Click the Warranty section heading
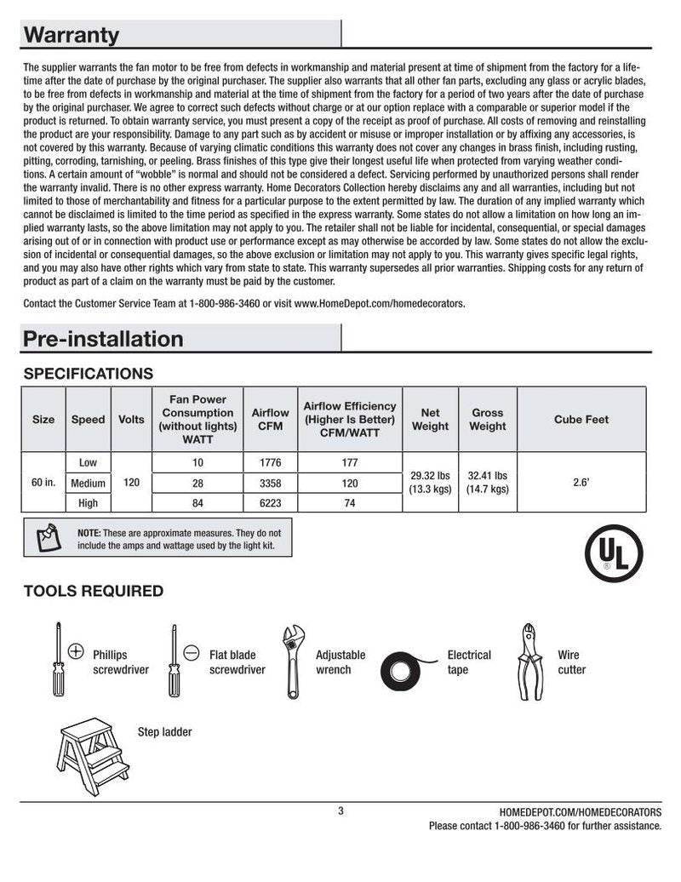point(72,35)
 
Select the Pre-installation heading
point(103,339)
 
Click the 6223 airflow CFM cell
point(270,503)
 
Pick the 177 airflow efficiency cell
point(349,462)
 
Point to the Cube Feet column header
point(581,420)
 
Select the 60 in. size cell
point(43,483)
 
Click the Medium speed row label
point(88,483)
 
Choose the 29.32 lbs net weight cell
point(430,483)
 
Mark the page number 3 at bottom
point(340,811)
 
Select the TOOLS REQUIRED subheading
point(93,591)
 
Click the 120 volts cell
point(131,483)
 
